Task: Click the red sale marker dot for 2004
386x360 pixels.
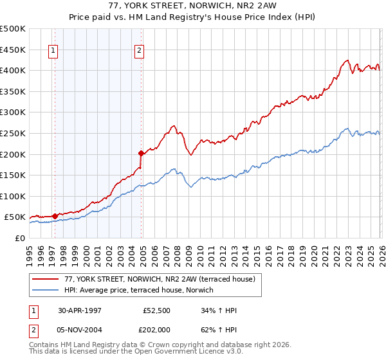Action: point(141,153)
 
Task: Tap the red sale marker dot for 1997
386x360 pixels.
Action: point(55,216)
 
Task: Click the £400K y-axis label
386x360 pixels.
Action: point(13,70)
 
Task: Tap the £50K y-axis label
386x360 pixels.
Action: point(15,217)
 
